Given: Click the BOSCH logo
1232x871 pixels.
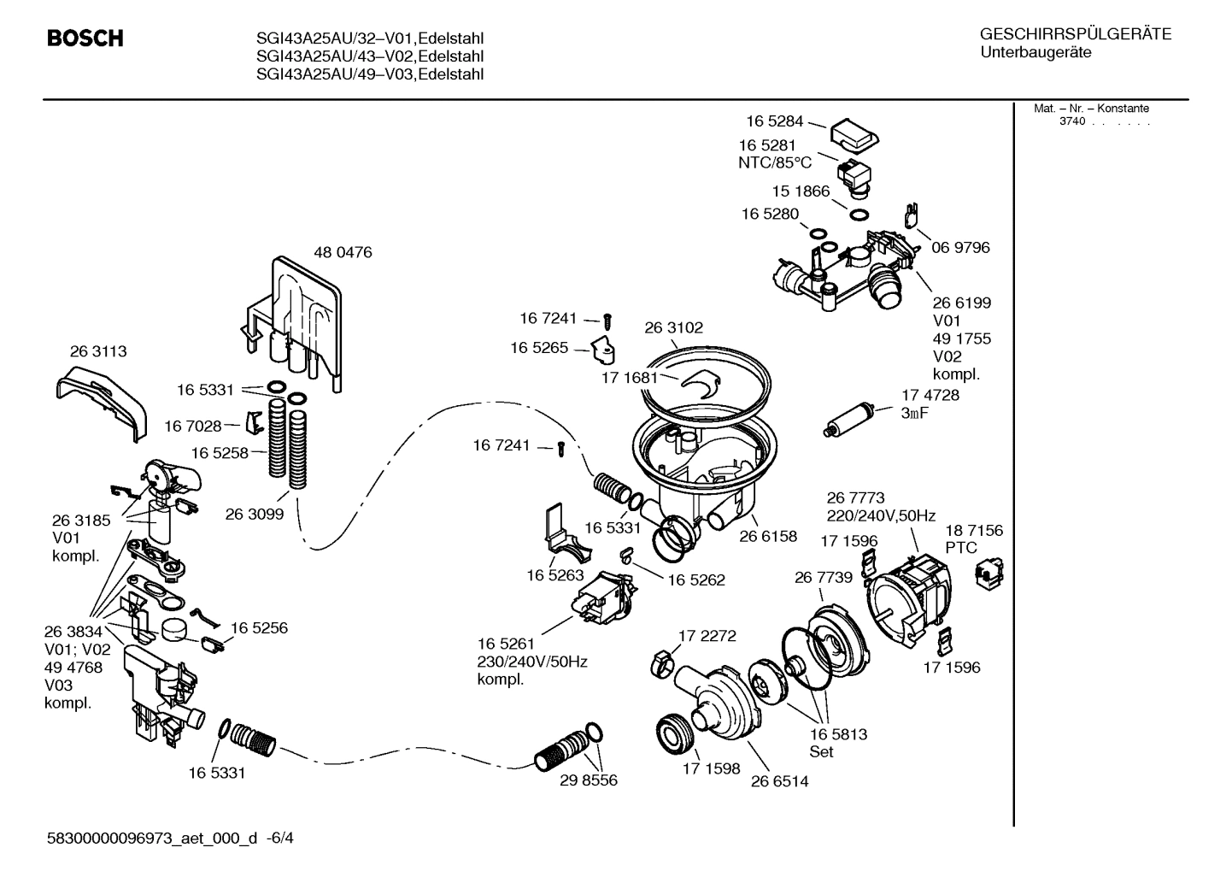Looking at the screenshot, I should pos(85,38).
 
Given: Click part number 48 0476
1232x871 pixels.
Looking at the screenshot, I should pos(343,253).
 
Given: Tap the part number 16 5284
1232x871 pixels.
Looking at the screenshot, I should pos(774,121).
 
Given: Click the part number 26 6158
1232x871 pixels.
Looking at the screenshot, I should pos(767,536).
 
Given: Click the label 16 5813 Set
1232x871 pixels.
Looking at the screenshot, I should pos(838,743).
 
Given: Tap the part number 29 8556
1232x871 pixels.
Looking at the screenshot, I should pos(588,780).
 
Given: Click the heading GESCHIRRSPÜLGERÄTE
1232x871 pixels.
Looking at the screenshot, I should pos(1075,34).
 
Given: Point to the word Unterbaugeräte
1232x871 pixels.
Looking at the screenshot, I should pos(1035,52).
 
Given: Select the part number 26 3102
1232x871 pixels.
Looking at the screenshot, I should pos(673,327).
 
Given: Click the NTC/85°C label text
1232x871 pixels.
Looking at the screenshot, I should pos(775,162).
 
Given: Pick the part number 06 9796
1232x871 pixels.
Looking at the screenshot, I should pos(960,247).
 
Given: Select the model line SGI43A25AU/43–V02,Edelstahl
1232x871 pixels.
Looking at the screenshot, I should pos(370,56).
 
